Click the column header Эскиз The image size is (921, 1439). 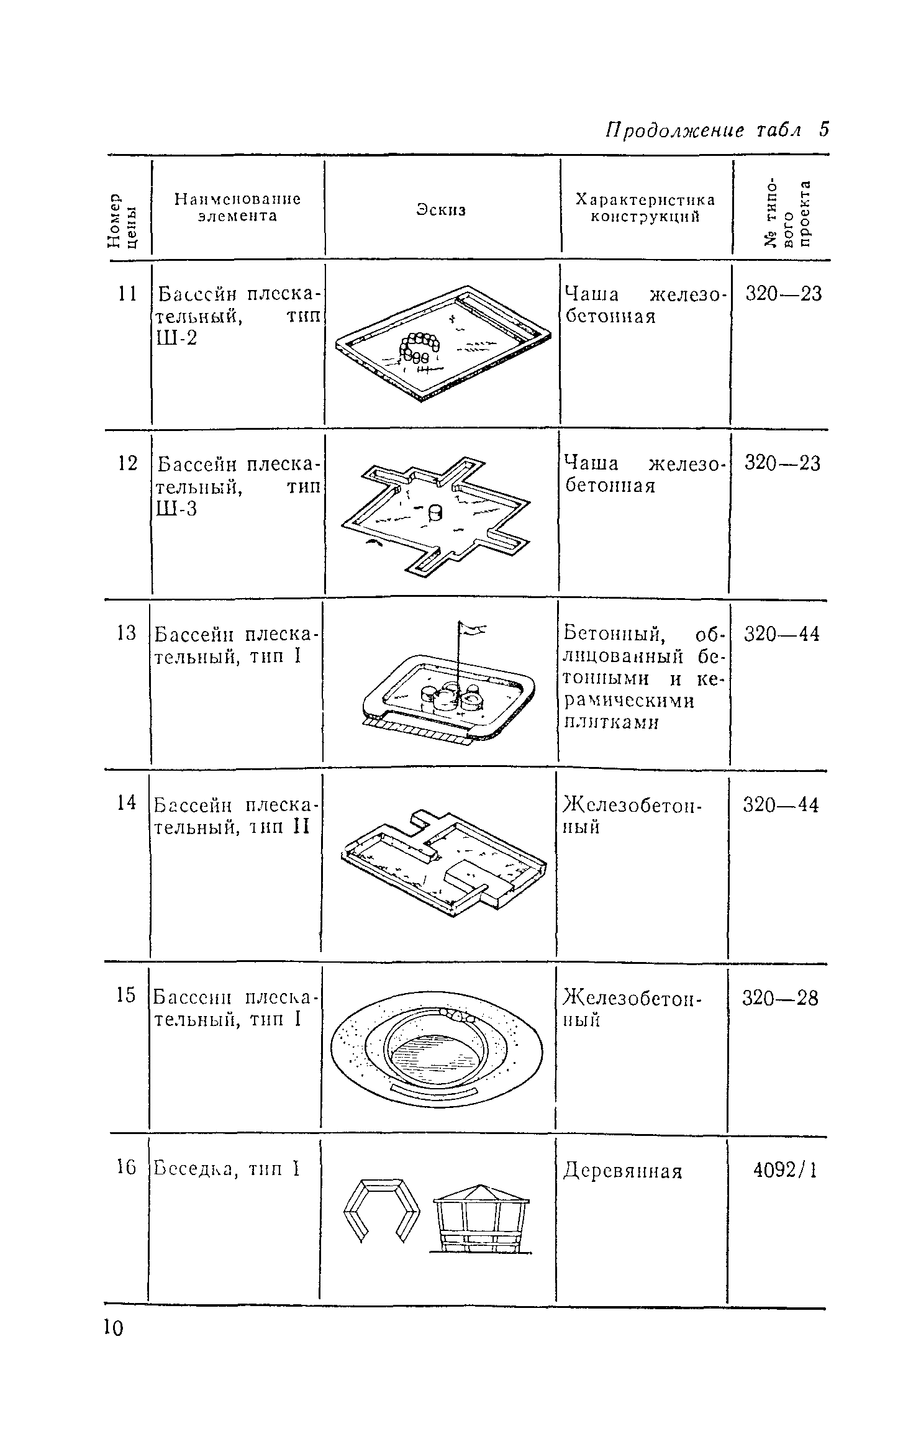441,210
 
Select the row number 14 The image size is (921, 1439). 126,803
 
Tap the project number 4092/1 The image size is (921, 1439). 784,1171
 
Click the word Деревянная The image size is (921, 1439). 622,1172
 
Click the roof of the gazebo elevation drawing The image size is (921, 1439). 481,1194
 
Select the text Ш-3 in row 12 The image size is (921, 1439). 176,509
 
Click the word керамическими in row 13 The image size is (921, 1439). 629,701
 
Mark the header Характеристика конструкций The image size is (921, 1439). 645,208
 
